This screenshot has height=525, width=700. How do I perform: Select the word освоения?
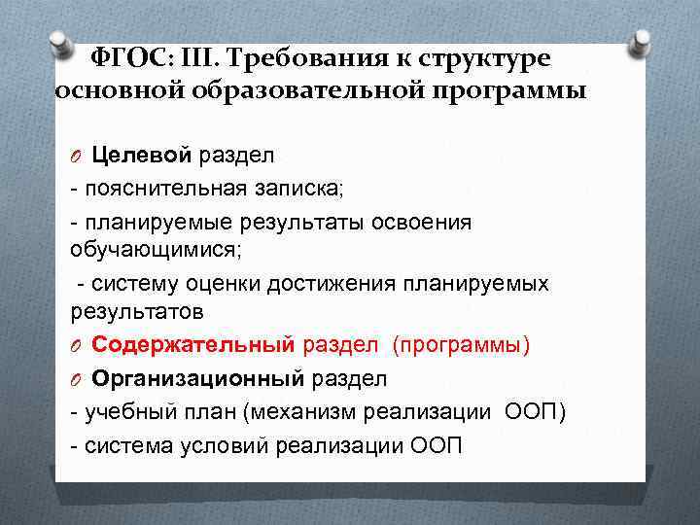424,222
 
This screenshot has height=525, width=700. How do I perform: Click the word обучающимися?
156,249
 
